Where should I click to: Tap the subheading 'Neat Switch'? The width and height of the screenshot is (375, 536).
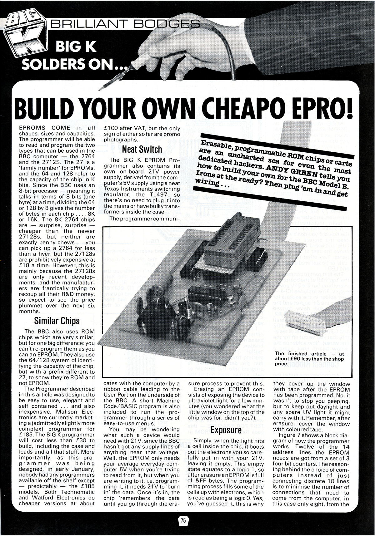tap(142, 149)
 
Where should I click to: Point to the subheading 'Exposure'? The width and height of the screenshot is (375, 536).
tap(226, 430)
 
